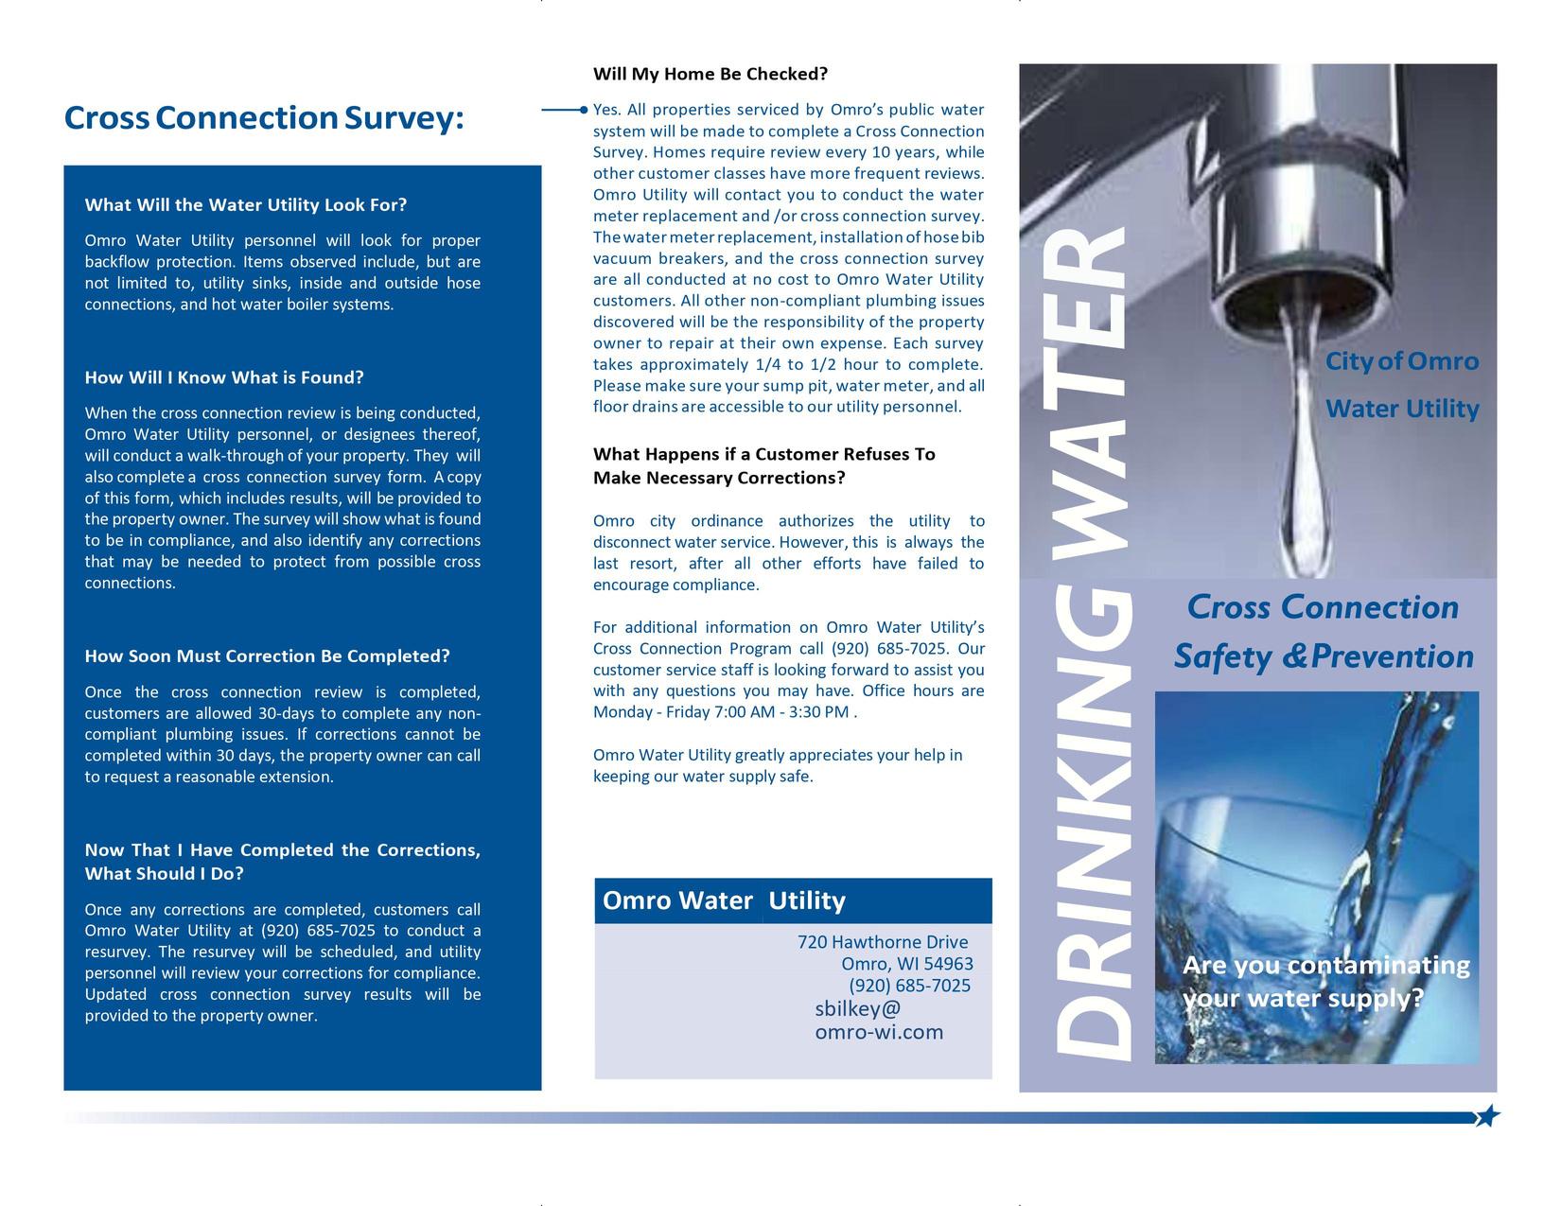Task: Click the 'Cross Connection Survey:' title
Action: (x=264, y=118)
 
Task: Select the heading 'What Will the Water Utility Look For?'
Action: (x=246, y=205)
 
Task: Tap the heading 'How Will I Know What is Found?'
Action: (x=224, y=377)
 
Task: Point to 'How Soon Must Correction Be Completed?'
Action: (x=267, y=656)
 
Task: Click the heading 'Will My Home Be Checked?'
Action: (x=710, y=74)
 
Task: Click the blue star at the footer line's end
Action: (x=1487, y=1116)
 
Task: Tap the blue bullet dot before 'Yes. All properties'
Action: (x=585, y=110)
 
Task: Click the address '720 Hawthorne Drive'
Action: (x=883, y=942)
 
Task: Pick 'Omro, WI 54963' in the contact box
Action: (x=906, y=964)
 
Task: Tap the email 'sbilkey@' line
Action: (x=858, y=1008)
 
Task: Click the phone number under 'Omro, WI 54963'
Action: (x=909, y=986)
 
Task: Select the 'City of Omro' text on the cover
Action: (x=1401, y=361)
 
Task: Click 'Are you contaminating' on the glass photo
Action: (x=1325, y=966)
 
